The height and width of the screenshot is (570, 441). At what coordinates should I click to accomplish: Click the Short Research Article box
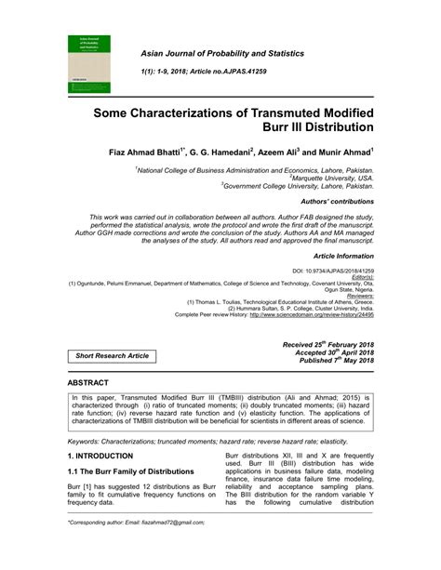(112, 355)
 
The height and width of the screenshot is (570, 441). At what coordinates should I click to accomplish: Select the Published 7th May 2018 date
(328, 362)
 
